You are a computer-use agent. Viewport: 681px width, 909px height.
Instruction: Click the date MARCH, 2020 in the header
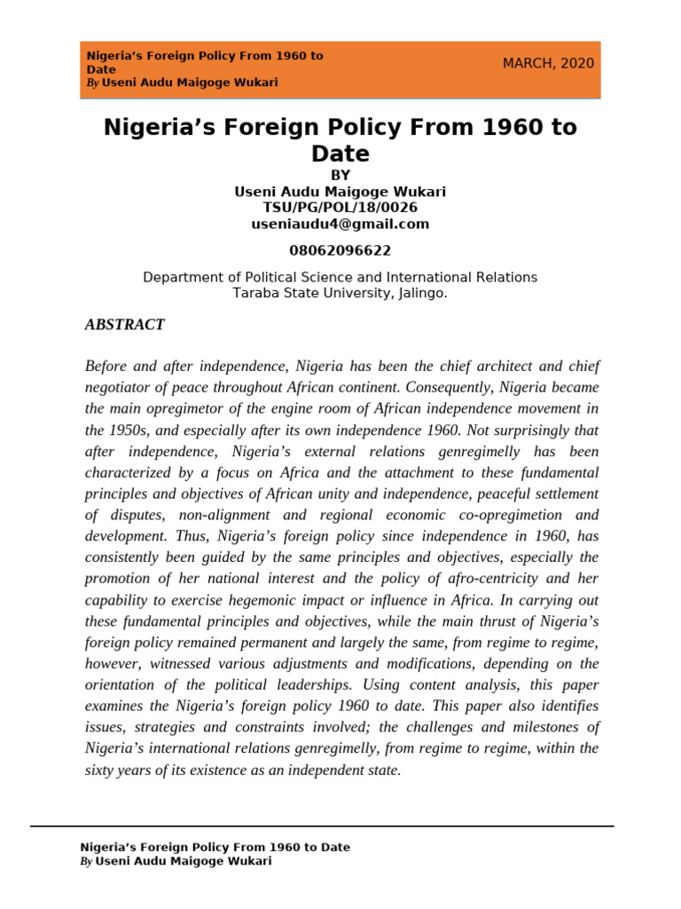coord(548,63)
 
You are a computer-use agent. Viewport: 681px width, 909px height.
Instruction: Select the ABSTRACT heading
coord(124,325)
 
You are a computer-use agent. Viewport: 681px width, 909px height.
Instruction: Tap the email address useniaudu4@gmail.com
coord(340,225)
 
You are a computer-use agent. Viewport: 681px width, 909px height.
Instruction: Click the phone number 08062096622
coord(340,251)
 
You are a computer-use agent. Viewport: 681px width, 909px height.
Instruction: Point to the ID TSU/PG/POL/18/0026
coord(340,208)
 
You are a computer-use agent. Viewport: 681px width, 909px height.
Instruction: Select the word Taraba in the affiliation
coord(255,292)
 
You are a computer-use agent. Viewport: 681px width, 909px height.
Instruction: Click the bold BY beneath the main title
coord(340,176)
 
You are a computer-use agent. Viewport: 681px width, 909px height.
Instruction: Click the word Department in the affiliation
coord(185,278)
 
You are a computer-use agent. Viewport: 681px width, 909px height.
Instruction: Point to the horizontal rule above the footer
coord(322,826)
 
